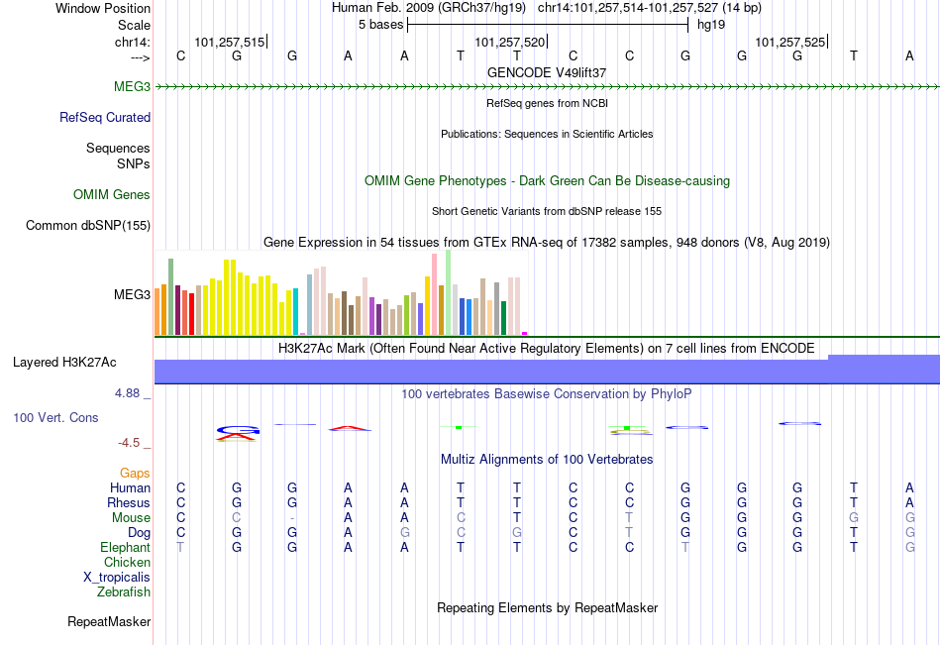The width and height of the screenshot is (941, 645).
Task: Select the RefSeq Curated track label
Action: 105,118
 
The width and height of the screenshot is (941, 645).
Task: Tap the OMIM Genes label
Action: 112,195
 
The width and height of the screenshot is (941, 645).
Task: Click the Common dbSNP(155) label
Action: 88,226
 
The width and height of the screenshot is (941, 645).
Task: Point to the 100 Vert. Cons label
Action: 55,418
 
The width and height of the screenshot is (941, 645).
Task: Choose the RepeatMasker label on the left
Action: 109,622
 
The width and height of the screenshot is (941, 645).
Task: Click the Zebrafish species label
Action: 124,592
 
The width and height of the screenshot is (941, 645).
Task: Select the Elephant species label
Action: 125,548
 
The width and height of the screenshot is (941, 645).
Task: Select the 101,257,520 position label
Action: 509,43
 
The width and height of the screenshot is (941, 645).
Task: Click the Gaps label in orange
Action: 135,474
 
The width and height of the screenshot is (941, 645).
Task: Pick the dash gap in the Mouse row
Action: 292,518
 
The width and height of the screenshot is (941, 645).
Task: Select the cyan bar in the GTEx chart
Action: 296,311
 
